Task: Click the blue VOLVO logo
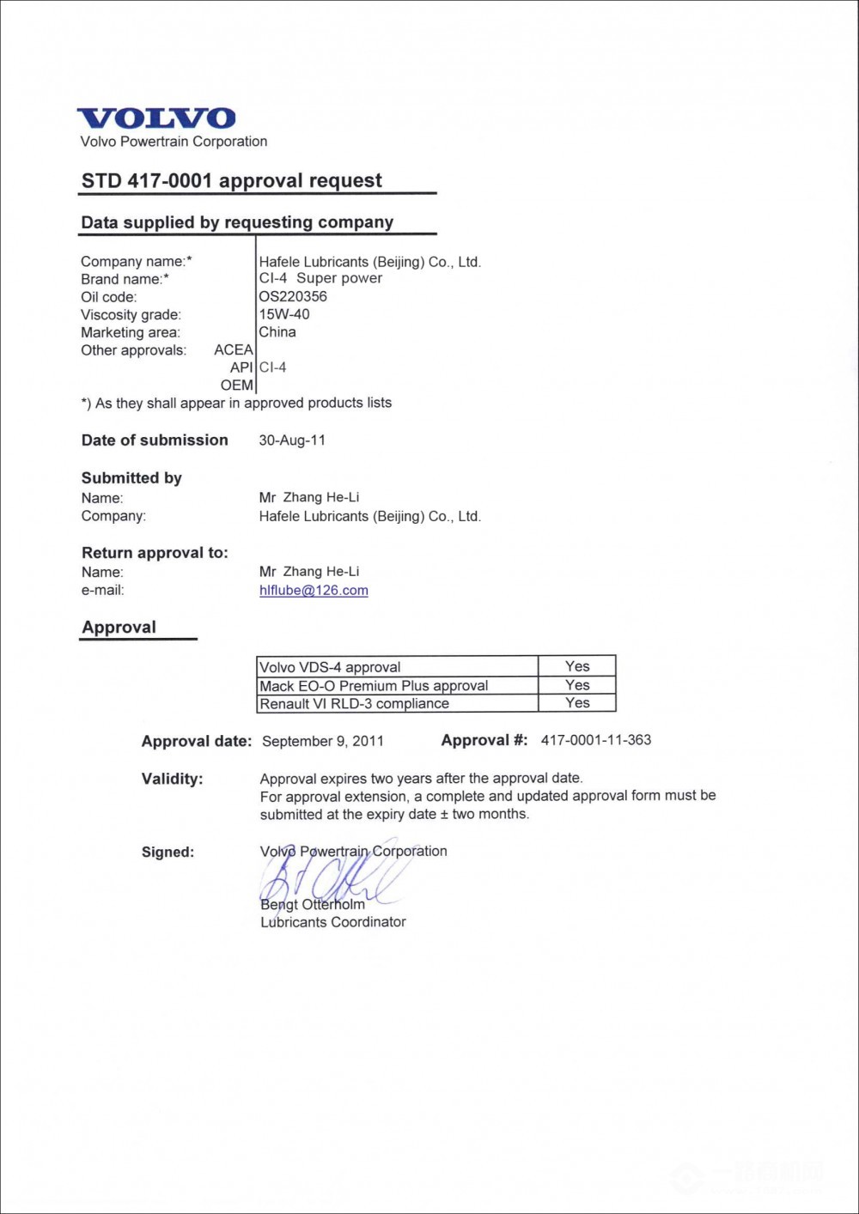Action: click(156, 118)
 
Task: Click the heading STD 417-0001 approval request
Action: click(232, 181)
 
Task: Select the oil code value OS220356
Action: click(293, 297)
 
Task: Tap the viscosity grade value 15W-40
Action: click(284, 314)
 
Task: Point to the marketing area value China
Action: click(277, 332)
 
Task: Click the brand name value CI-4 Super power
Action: click(320, 279)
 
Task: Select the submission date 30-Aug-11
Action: click(292, 440)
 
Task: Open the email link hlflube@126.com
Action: click(314, 591)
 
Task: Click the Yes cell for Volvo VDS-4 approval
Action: click(577, 666)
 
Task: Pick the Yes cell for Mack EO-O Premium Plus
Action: click(577, 685)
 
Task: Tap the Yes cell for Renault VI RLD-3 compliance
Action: click(577, 703)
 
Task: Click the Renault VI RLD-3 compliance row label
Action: click(354, 704)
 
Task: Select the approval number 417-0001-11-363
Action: click(596, 740)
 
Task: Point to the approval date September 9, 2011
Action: click(323, 741)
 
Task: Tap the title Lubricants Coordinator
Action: click(333, 922)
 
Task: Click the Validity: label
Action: click(173, 780)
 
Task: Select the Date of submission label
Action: click(155, 440)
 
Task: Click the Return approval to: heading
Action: click(155, 553)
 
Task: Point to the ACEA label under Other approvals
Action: click(234, 350)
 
